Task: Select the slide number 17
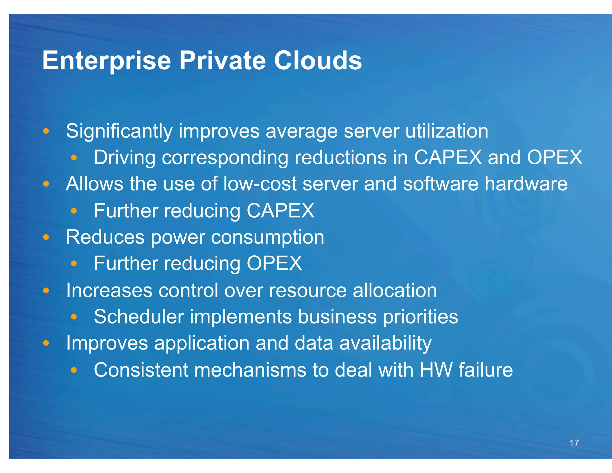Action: tap(574, 443)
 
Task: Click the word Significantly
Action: tap(119, 132)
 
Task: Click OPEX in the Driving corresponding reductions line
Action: tap(554, 157)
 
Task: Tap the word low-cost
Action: tap(260, 184)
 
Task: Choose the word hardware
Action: tap(526, 184)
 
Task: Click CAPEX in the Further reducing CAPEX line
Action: tap(280, 211)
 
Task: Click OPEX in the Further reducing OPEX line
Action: tap(274, 263)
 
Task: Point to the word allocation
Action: tap(395, 290)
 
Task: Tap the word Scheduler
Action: tap(139, 317)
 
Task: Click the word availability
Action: tap(385, 343)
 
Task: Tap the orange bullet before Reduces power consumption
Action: tap(46, 237)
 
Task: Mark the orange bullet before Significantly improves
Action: tap(46, 131)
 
